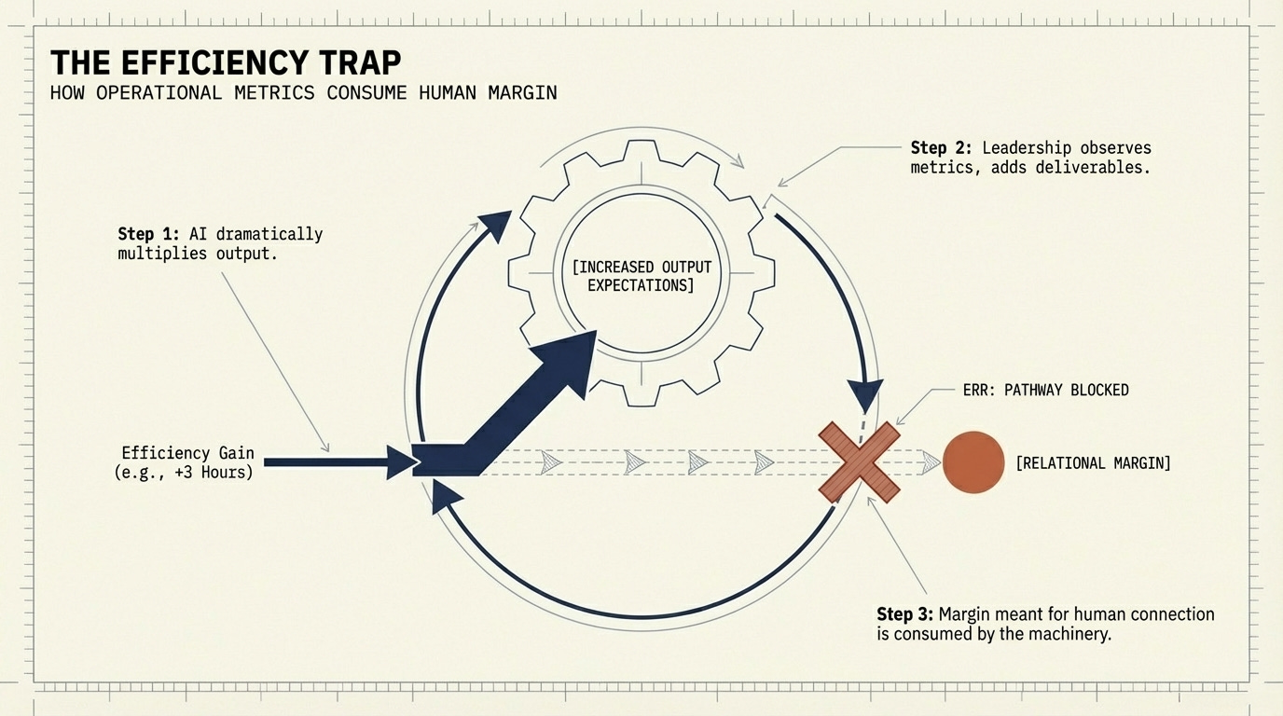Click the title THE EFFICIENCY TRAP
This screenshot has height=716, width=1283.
tap(226, 62)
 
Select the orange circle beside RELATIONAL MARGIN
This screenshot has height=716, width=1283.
tap(973, 461)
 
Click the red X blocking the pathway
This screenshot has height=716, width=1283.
tap(859, 461)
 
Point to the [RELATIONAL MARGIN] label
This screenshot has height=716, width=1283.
tap(1093, 462)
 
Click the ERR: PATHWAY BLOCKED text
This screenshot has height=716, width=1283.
tap(1045, 390)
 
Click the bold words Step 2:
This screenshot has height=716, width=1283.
tap(942, 148)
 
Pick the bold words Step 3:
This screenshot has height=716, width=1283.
tap(906, 614)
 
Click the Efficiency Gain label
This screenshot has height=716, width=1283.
tap(179, 453)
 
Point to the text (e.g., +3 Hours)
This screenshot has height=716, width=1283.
tap(179, 472)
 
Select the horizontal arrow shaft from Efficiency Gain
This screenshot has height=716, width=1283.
tap(326, 461)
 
